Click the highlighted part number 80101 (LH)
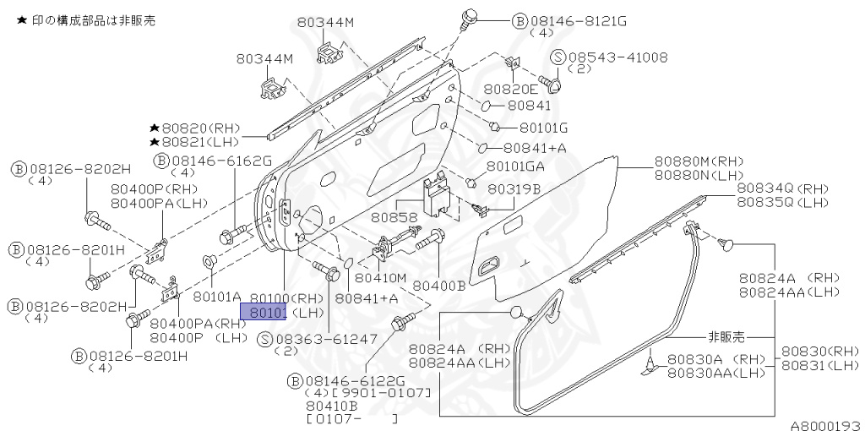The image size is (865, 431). point(264,313)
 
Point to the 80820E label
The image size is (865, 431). point(509,89)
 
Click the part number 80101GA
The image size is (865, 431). point(516,166)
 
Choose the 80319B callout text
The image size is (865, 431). point(514,189)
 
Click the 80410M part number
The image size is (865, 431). point(380,276)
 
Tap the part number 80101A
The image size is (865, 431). point(217,297)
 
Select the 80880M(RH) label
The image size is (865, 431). point(698,161)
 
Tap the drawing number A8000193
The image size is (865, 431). point(825,425)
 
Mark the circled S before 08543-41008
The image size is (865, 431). point(558,57)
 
